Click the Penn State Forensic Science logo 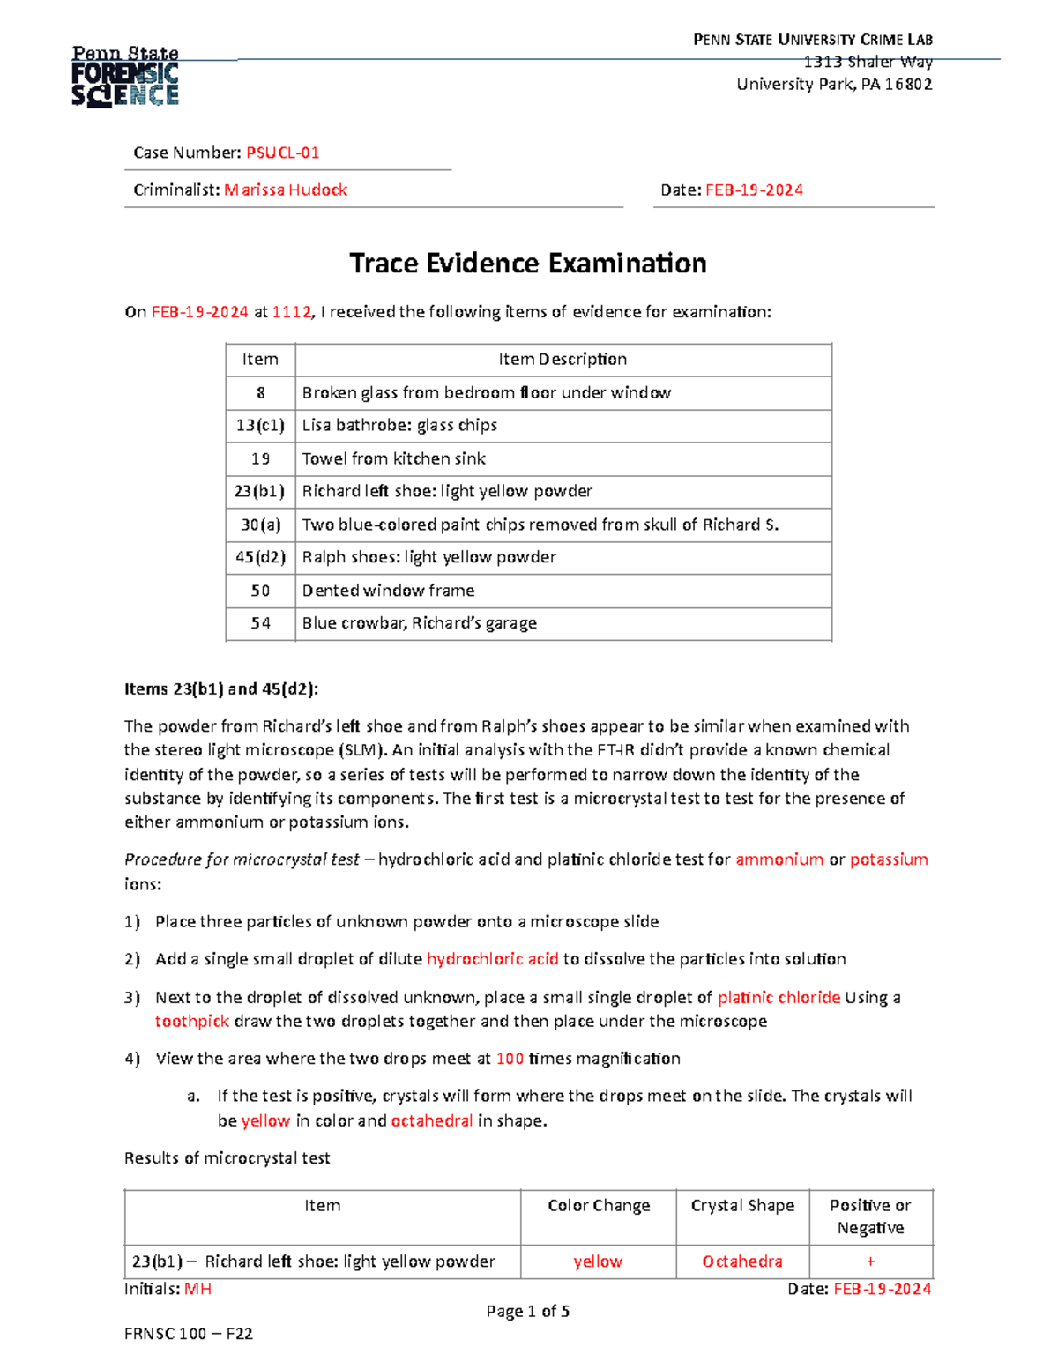point(125,77)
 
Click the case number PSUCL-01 point(282,153)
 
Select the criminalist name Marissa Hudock point(286,190)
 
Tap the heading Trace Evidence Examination point(528,263)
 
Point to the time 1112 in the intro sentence point(291,311)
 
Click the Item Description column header point(563,359)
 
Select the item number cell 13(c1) point(260,425)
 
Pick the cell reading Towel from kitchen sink point(393,458)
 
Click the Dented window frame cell point(388,591)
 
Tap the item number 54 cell point(260,623)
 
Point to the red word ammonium point(779,859)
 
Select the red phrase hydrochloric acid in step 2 point(492,959)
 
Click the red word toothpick point(192,1021)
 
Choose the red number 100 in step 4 point(510,1059)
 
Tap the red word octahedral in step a point(432,1120)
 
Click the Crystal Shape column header point(742,1206)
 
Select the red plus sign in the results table point(870,1261)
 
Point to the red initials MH point(197,1289)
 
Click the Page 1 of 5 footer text point(528,1311)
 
